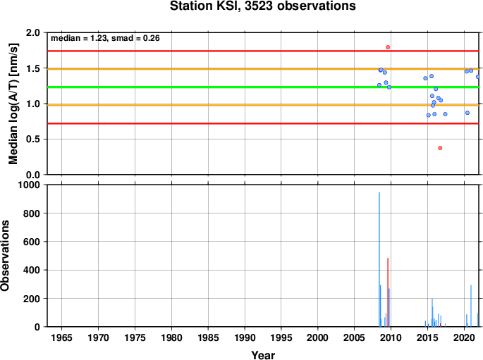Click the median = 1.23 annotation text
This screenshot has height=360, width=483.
pyautogui.click(x=78, y=38)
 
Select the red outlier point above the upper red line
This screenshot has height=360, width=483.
pyautogui.click(x=388, y=47)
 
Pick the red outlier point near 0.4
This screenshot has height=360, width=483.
pyautogui.click(x=440, y=148)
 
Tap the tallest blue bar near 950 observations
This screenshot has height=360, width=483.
pyautogui.click(x=379, y=259)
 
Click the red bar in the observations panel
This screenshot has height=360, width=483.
pyautogui.click(x=388, y=292)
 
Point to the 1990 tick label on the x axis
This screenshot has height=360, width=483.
pyautogui.click(x=245, y=337)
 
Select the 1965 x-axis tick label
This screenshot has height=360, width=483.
pyautogui.click(x=61, y=337)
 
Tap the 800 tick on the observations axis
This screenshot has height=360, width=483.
pyautogui.click(x=32, y=213)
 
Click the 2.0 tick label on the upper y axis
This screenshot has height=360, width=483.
pyautogui.click(x=33, y=32)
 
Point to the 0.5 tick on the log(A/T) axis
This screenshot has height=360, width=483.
pyautogui.click(x=33, y=139)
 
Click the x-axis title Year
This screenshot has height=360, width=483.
pyautogui.click(x=263, y=355)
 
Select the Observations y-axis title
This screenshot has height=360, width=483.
pyautogui.click(x=5, y=256)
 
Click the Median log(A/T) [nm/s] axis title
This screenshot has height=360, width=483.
pyautogui.click(x=13, y=104)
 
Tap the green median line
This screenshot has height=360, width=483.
pyautogui.click(x=263, y=87)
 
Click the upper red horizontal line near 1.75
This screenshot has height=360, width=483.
pyautogui.click(x=263, y=51)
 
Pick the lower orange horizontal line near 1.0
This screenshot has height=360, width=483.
pyautogui.click(x=263, y=105)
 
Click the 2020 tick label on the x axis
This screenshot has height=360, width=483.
pyautogui.click(x=464, y=337)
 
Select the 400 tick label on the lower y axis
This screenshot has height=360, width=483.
pyautogui.click(x=32, y=270)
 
